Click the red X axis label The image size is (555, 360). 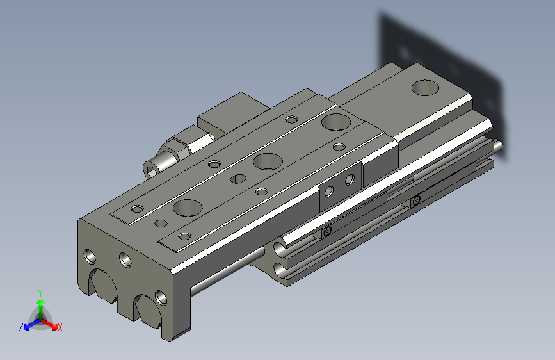pos(60,327)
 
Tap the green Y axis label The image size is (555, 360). pos(40,292)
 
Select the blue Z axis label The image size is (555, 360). pos(21,327)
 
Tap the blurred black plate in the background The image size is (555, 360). pos(442,64)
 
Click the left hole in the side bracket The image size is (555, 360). pos(329,190)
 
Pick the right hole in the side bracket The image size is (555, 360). pos(349,180)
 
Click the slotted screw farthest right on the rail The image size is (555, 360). pos(417,201)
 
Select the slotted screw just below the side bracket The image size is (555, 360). pos(327,231)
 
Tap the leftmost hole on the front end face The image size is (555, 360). pos(90,256)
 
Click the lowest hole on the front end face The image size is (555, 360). pos(159,297)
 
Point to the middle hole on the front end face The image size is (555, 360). pos(124,259)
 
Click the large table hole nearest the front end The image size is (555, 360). pos(187,208)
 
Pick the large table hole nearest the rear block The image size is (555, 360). pos(333,120)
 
